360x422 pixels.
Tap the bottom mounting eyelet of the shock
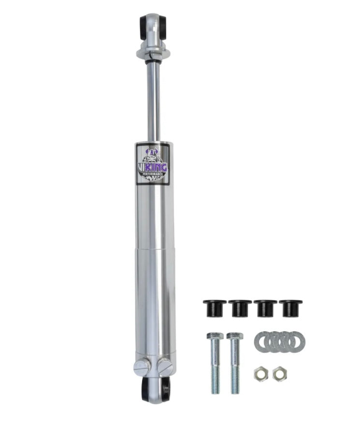pyautogui.click(x=156, y=389)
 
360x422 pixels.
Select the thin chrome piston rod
pyautogui.click(x=153, y=101)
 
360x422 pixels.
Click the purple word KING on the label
pyautogui.click(x=157, y=168)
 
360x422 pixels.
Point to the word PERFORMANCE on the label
pyautogui.click(x=153, y=175)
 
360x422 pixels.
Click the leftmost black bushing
pyautogui.click(x=215, y=308)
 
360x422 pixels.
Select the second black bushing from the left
pyautogui.click(x=240, y=308)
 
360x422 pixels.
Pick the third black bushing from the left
pyautogui.click(x=265, y=308)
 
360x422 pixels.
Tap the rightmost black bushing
pyautogui.click(x=290, y=308)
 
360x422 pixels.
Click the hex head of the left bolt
pyautogui.click(x=215, y=336)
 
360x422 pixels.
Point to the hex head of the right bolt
pyautogui.click(x=235, y=336)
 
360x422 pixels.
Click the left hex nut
pyautogui.click(x=260, y=373)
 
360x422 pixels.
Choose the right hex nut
pyautogui.click(x=278, y=373)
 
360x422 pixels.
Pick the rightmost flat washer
pyautogui.click(x=297, y=341)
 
